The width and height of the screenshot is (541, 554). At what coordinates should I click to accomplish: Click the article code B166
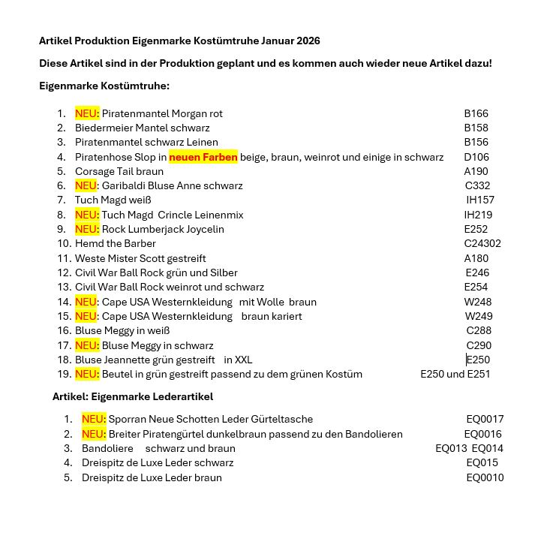[476, 113]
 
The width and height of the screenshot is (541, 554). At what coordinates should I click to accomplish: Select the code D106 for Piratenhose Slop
[476, 157]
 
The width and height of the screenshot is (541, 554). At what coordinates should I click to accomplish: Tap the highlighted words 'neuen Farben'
[203, 157]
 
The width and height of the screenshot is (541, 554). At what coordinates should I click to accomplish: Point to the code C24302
[482, 243]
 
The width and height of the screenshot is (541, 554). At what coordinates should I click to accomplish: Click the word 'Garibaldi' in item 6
[123, 185]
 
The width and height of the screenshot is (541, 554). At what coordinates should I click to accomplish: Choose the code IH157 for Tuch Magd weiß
[479, 200]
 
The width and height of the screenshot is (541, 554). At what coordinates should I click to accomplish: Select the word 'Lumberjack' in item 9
[155, 229]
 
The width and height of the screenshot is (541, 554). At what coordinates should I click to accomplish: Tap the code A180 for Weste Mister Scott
[476, 258]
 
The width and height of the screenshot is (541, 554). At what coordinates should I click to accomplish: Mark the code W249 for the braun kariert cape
[478, 316]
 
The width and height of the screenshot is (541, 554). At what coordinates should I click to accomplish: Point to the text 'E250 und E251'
[455, 374]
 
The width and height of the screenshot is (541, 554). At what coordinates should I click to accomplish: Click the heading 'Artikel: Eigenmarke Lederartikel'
[133, 396]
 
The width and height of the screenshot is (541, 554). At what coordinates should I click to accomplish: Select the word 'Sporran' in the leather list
[128, 419]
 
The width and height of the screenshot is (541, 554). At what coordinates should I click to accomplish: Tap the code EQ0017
[485, 419]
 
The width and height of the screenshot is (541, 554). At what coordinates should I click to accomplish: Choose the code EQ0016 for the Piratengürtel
[482, 434]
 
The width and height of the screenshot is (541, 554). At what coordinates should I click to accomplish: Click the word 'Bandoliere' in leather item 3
[107, 448]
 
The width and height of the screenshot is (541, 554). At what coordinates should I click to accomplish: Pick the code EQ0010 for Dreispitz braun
[485, 477]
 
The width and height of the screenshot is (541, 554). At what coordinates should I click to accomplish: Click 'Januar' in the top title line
[278, 41]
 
